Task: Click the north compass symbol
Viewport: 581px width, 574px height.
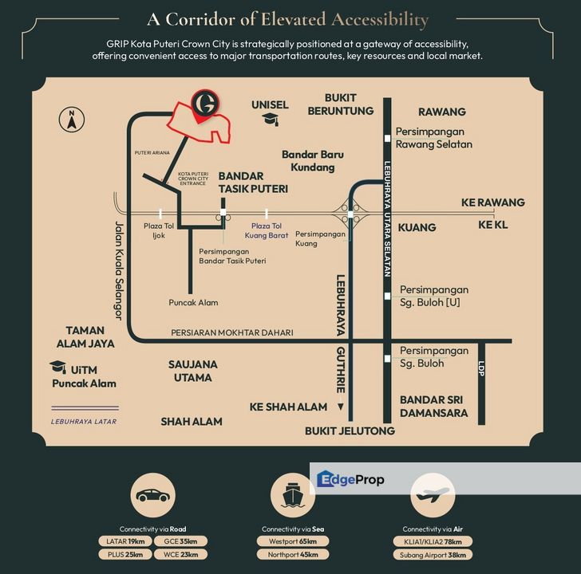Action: [x=72, y=119]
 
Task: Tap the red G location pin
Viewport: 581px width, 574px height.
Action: [x=207, y=105]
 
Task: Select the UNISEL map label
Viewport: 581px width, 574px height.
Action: [x=270, y=104]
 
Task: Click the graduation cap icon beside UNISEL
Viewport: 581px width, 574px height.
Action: [x=270, y=120]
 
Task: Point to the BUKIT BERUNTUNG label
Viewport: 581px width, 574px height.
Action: [x=341, y=104]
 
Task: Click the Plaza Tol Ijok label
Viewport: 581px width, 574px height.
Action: [x=159, y=231]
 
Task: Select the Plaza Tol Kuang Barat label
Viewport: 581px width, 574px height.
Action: [x=267, y=231]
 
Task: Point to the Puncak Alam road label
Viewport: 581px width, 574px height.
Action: [x=193, y=302]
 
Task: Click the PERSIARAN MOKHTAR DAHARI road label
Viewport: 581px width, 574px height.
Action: [x=232, y=332]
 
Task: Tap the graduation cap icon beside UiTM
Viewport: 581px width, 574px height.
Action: [x=57, y=368]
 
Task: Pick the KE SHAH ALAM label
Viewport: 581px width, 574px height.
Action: [x=288, y=407]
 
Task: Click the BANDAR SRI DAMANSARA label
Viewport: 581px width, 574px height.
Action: [x=433, y=406]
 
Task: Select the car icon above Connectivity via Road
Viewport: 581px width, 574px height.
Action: [x=152, y=495]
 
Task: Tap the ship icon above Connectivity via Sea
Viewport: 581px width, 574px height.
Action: [x=290, y=495]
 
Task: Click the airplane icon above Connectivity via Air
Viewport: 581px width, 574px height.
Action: [x=432, y=496]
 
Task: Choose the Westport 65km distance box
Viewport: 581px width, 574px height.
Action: [x=288, y=541]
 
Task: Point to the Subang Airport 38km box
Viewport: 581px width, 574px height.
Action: [x=435, y=554]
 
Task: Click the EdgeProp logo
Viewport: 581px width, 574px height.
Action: [x=350, y=479]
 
